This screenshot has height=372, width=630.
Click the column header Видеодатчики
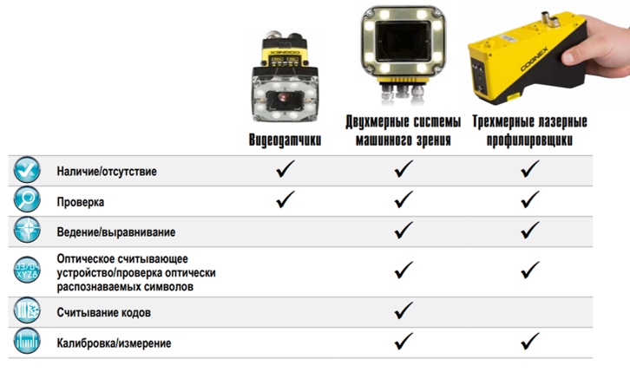tap(285, 140)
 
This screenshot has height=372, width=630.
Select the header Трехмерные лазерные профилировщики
tap(529, 130)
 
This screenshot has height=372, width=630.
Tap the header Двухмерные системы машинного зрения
tap(403, 130)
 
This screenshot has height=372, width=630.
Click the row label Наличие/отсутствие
tap(107, 172)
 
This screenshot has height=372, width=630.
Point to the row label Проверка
tap(81, 202)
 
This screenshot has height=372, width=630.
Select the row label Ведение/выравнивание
tap(116, 232)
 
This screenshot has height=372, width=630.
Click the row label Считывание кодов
tap(103, 313)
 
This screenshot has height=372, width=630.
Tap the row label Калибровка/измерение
tap(114, 343)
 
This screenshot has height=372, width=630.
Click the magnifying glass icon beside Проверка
tap(27, 199)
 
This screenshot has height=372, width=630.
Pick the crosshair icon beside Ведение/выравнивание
tap(27, 230)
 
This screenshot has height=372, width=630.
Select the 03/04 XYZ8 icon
tap(27, 270)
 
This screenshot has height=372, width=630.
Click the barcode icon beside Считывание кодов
tap(27, 310)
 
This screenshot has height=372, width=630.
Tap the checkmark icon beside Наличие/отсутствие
tap(27, 169)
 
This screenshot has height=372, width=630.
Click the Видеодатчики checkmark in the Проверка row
tap(285, 199)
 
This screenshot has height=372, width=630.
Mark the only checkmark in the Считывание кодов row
tap(404, 310)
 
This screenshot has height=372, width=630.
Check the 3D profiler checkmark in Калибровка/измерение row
tap(530, 341)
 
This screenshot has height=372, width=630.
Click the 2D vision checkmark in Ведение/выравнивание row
tap(404, 230)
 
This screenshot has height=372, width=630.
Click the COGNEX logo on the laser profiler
tap(534, 59)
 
